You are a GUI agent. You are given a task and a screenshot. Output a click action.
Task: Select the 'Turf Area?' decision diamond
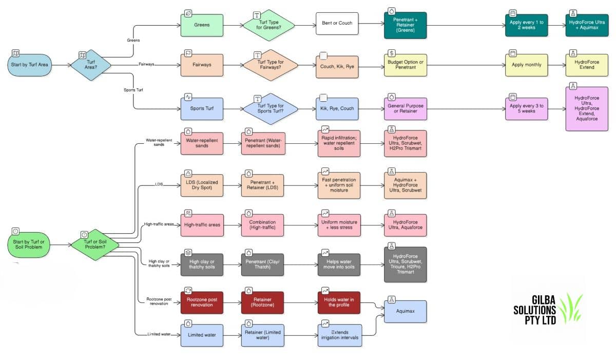(91, 65)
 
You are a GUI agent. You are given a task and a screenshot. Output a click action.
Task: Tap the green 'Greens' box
(202, 25)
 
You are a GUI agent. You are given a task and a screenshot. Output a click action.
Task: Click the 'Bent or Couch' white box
(337, 24)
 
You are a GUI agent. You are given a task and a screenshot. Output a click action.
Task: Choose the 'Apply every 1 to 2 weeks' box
(526, 24)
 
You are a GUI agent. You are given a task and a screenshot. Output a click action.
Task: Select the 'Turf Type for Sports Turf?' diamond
(270, 109)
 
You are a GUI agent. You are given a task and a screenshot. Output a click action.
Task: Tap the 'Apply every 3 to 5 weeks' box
(526, 109)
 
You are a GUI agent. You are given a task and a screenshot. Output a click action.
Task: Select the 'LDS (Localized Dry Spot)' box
(202, 185)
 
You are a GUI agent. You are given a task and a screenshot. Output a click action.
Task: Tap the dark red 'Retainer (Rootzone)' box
(263, 304)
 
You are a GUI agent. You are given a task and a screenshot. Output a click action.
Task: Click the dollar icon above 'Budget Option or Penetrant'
(392, 53)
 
